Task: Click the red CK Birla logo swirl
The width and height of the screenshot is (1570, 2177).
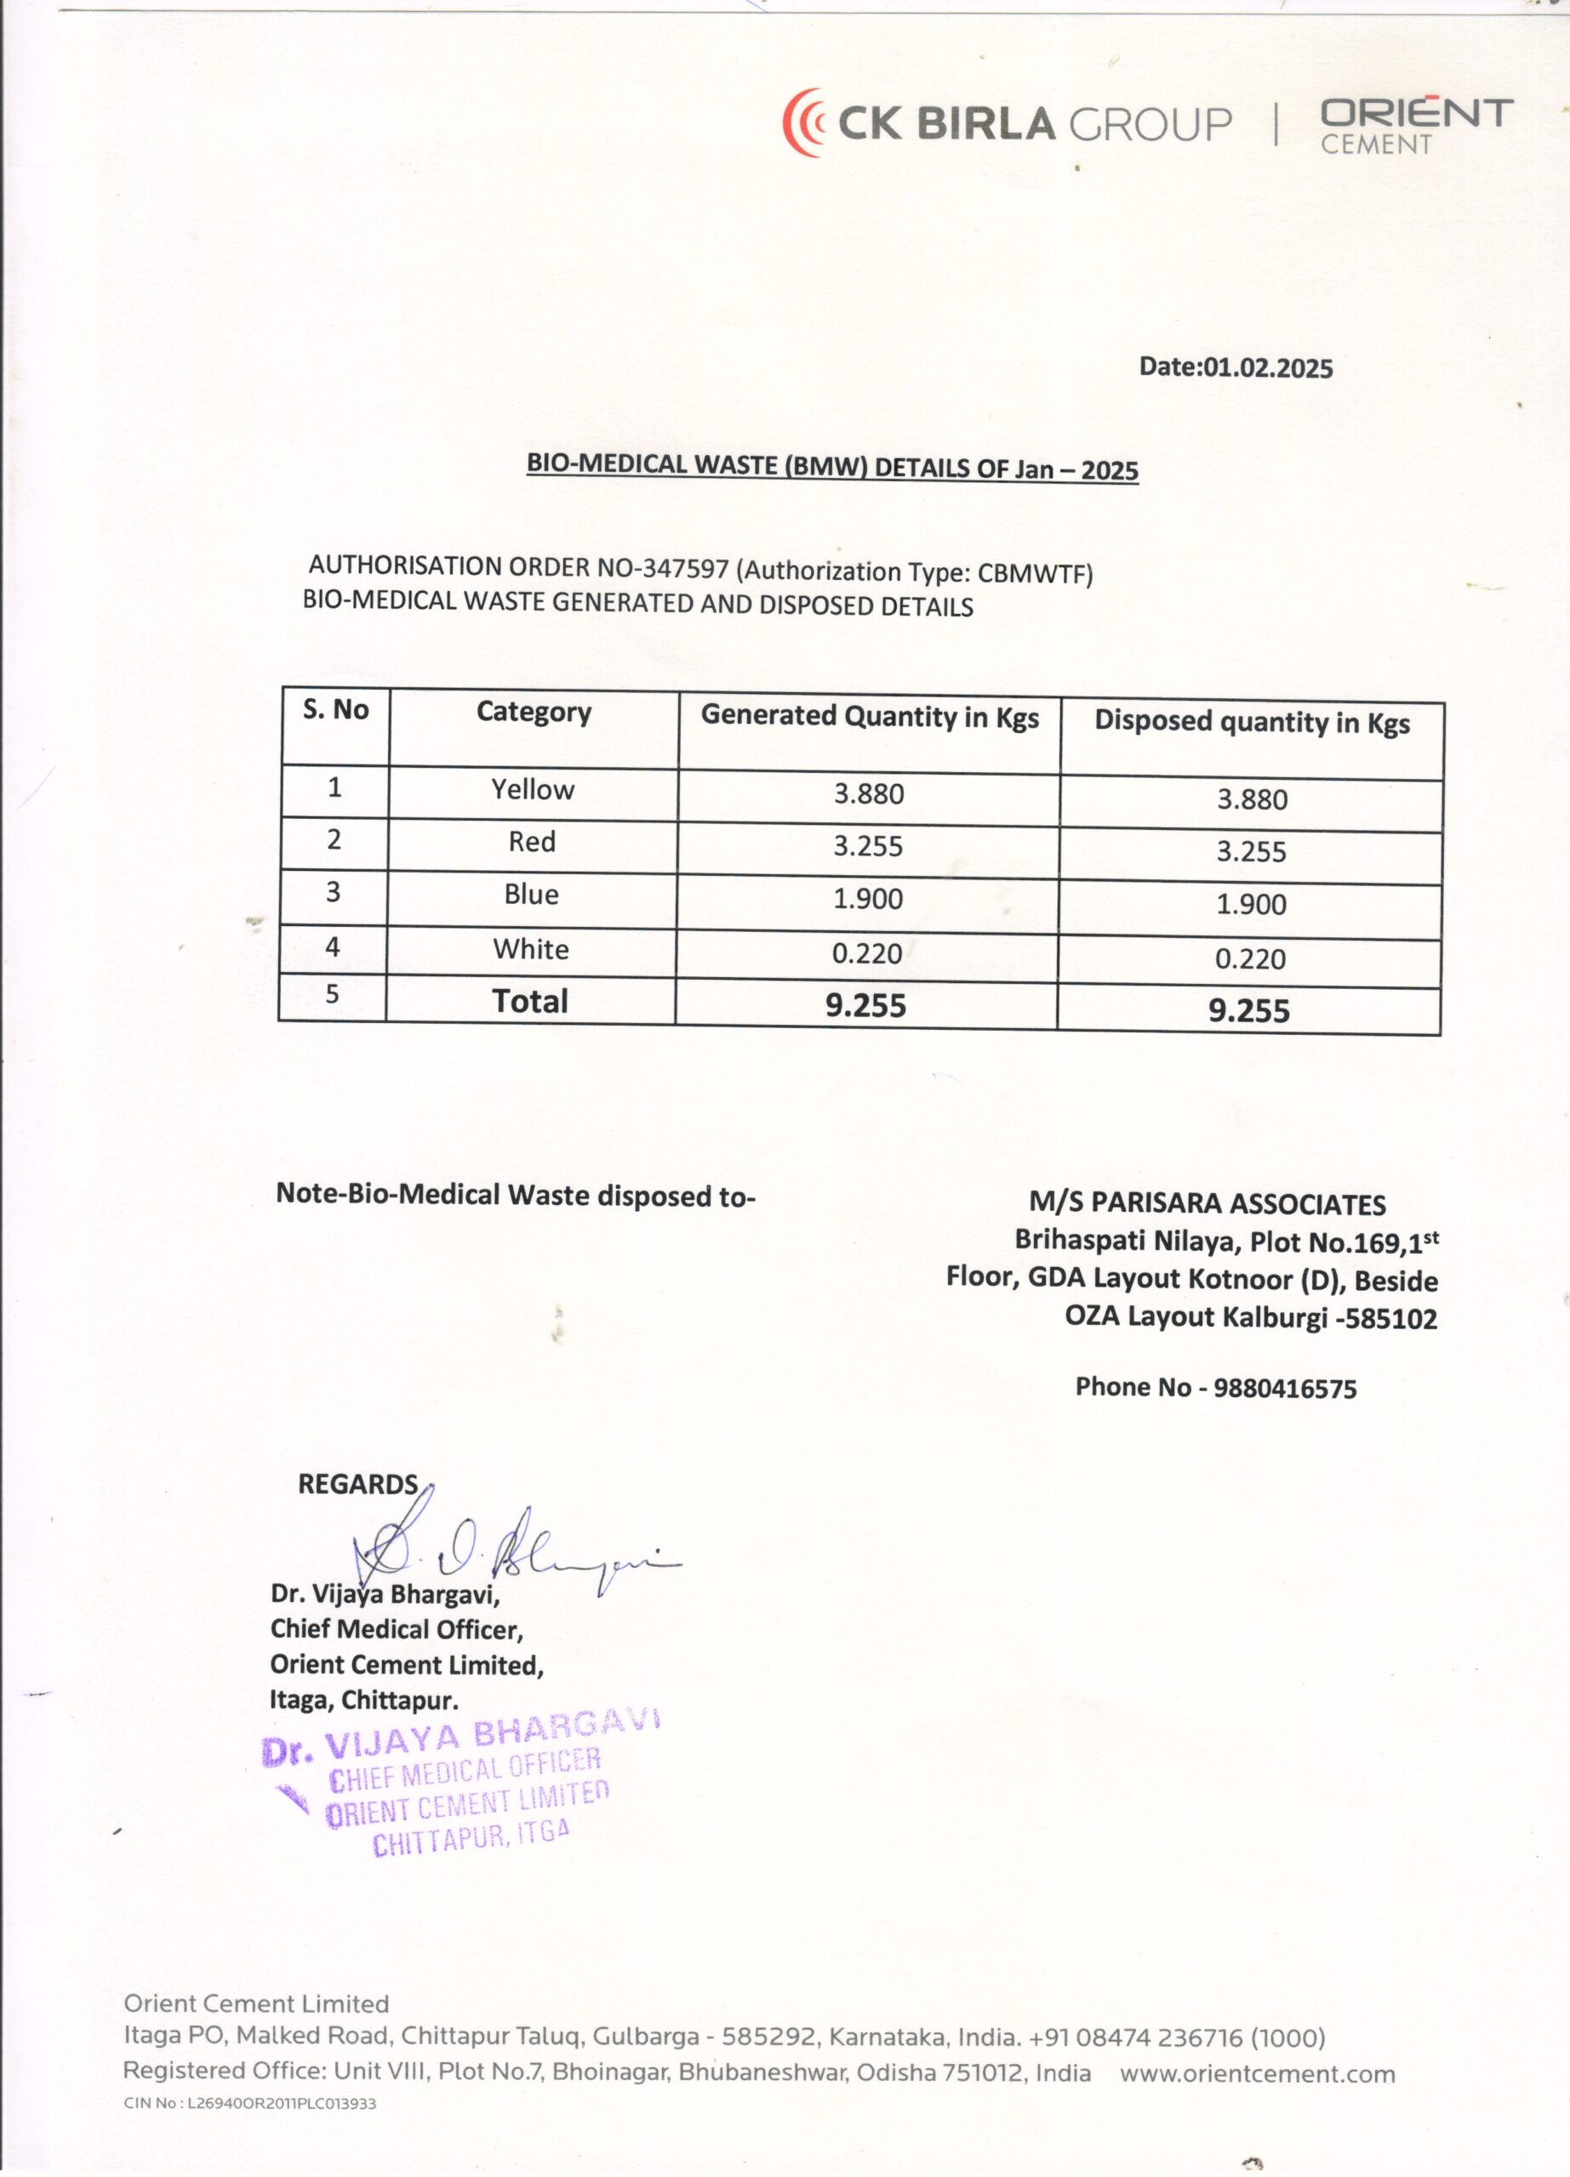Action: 804,122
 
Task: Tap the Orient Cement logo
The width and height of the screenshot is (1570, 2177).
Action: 1415,125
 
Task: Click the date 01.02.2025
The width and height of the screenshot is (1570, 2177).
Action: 1268,367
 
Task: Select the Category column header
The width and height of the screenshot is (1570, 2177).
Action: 533,713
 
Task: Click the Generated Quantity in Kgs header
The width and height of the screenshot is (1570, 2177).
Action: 869,717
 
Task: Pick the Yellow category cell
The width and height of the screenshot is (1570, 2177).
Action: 533,790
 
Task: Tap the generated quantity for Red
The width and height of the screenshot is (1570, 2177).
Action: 868,845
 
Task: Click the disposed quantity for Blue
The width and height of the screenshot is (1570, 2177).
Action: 1250,904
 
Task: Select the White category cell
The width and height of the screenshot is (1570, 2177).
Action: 531,949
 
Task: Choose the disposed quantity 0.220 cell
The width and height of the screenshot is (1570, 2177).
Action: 1249,959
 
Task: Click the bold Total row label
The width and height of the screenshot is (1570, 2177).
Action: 530,1001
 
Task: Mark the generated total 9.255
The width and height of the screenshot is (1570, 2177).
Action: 865,1005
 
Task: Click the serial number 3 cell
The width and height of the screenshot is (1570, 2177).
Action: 334,893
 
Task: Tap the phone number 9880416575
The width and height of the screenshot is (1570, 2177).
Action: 1285,1389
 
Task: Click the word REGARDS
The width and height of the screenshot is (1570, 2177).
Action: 357,1485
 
